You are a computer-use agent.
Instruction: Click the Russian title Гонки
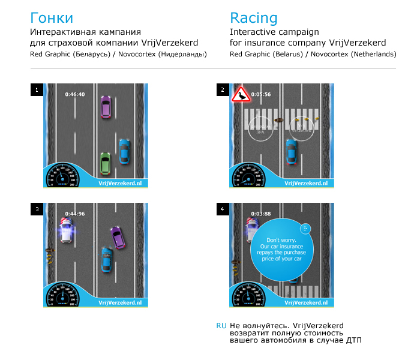pos(51,17)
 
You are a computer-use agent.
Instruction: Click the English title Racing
pos(253,17)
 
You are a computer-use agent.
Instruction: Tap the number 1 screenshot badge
pos(37,91)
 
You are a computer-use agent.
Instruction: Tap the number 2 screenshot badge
pos(223,91)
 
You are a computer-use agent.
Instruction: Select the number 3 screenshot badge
pos(37,209)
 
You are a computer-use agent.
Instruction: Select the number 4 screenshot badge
pos(223,209)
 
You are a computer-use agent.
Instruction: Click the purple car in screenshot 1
pos(106,106)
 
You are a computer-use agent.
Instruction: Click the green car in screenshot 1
pos(106,163)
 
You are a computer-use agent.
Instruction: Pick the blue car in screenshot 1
pos(124,151)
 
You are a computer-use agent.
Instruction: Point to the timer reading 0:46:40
pos(75,94)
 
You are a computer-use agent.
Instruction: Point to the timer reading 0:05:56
pos(261,94)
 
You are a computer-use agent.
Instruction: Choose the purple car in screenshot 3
pos(118,236)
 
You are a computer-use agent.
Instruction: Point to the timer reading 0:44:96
pos(75,213)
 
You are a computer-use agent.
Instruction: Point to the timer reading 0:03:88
pos(261,213)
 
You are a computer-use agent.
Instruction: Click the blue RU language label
pos(221,326)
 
